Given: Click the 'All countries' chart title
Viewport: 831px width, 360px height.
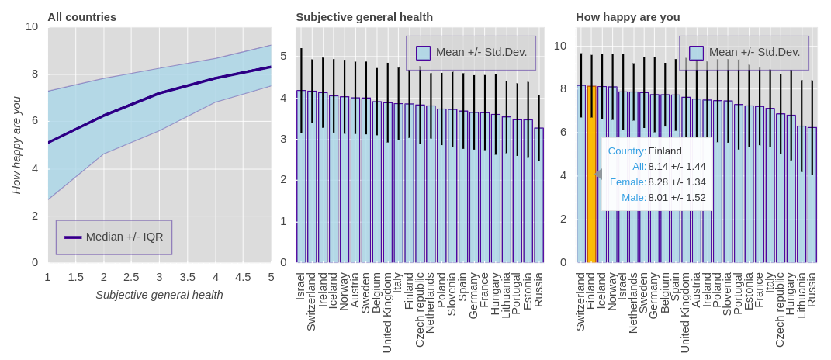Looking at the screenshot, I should (x=81, y=17).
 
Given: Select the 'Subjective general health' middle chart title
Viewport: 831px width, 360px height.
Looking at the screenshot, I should (x=364, y=17).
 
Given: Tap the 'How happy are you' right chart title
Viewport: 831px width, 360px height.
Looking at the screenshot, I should (x=627, y=17).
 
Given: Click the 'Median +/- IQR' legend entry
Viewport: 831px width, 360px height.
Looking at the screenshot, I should (x=114, y=237).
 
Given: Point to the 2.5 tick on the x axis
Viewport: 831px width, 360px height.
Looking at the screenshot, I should (x=131, y=277).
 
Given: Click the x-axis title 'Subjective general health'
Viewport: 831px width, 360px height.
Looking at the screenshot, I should (x=159, y=295).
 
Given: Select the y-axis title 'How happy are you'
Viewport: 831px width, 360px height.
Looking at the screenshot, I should (x=16, y=145).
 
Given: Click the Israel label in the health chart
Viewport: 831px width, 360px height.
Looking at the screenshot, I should (x=301, y=286).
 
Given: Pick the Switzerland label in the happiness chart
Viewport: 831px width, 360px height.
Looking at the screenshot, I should (x=580, y=302).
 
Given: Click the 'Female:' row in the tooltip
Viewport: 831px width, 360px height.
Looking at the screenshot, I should (x=628, y=182).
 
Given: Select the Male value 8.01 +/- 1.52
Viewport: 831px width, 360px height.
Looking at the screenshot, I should (x=677, y=197).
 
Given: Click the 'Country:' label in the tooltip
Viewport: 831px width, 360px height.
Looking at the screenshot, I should (x=627, y=151).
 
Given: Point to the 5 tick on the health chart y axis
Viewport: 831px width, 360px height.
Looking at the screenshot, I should (x=283, y=56).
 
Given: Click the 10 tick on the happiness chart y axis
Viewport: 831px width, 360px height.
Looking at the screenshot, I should (x=560, y=46).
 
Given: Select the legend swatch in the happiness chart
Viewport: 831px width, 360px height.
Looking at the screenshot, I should (x=696, y=53).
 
